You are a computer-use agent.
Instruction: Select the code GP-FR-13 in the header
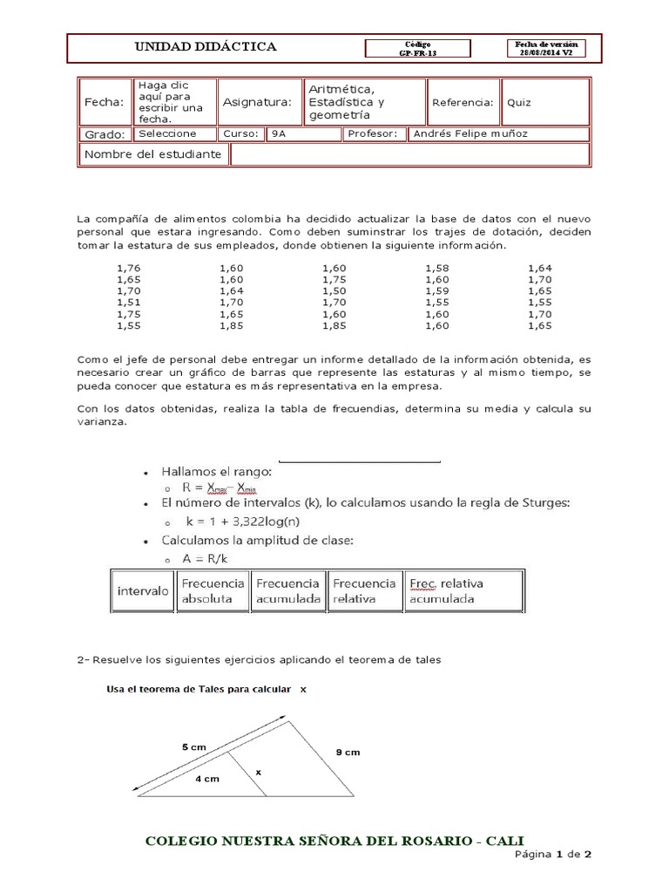(418, 52)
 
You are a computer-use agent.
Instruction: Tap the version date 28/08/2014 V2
(546, 52)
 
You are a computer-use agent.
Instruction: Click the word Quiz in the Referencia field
(519, 103)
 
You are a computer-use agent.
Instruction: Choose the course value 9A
(278, 134)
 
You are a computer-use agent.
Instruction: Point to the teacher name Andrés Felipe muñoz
(470, 134)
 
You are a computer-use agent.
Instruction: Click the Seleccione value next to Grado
(167, 134)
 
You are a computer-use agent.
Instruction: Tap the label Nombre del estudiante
(152, 155)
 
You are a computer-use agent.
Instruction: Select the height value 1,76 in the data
(128, 268)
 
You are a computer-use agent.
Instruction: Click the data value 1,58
(437, 268)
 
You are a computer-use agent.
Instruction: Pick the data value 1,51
(128, 302)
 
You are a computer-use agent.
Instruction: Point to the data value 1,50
(334, 290)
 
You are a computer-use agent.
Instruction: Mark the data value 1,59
(437, 290)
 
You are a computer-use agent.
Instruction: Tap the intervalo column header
(143, 591)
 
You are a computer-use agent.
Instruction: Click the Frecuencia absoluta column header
(212, 591)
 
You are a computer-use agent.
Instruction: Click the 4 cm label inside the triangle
(206, 779)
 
